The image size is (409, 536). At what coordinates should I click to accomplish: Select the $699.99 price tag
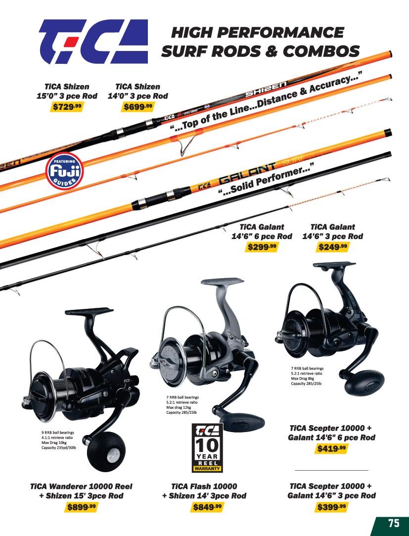[138, 107]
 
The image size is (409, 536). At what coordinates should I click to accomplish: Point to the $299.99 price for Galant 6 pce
[262, 247]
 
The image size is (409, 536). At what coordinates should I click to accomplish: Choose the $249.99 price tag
[332, 247]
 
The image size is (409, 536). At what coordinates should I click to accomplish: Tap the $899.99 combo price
[82, 507]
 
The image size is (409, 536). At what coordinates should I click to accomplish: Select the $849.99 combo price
[204, 507]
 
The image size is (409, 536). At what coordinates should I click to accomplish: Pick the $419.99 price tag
[331, 449]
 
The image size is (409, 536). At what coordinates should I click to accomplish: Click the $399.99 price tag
[331, 507]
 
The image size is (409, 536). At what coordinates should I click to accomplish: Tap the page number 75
[393, 523]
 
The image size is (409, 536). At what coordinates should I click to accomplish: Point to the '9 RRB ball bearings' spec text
[58, 433]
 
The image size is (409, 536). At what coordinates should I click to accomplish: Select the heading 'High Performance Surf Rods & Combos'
[260, 42]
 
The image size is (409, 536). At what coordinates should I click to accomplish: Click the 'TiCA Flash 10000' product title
[204, 486]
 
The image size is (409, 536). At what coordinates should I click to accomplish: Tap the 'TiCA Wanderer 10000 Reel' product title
[82, 486]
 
